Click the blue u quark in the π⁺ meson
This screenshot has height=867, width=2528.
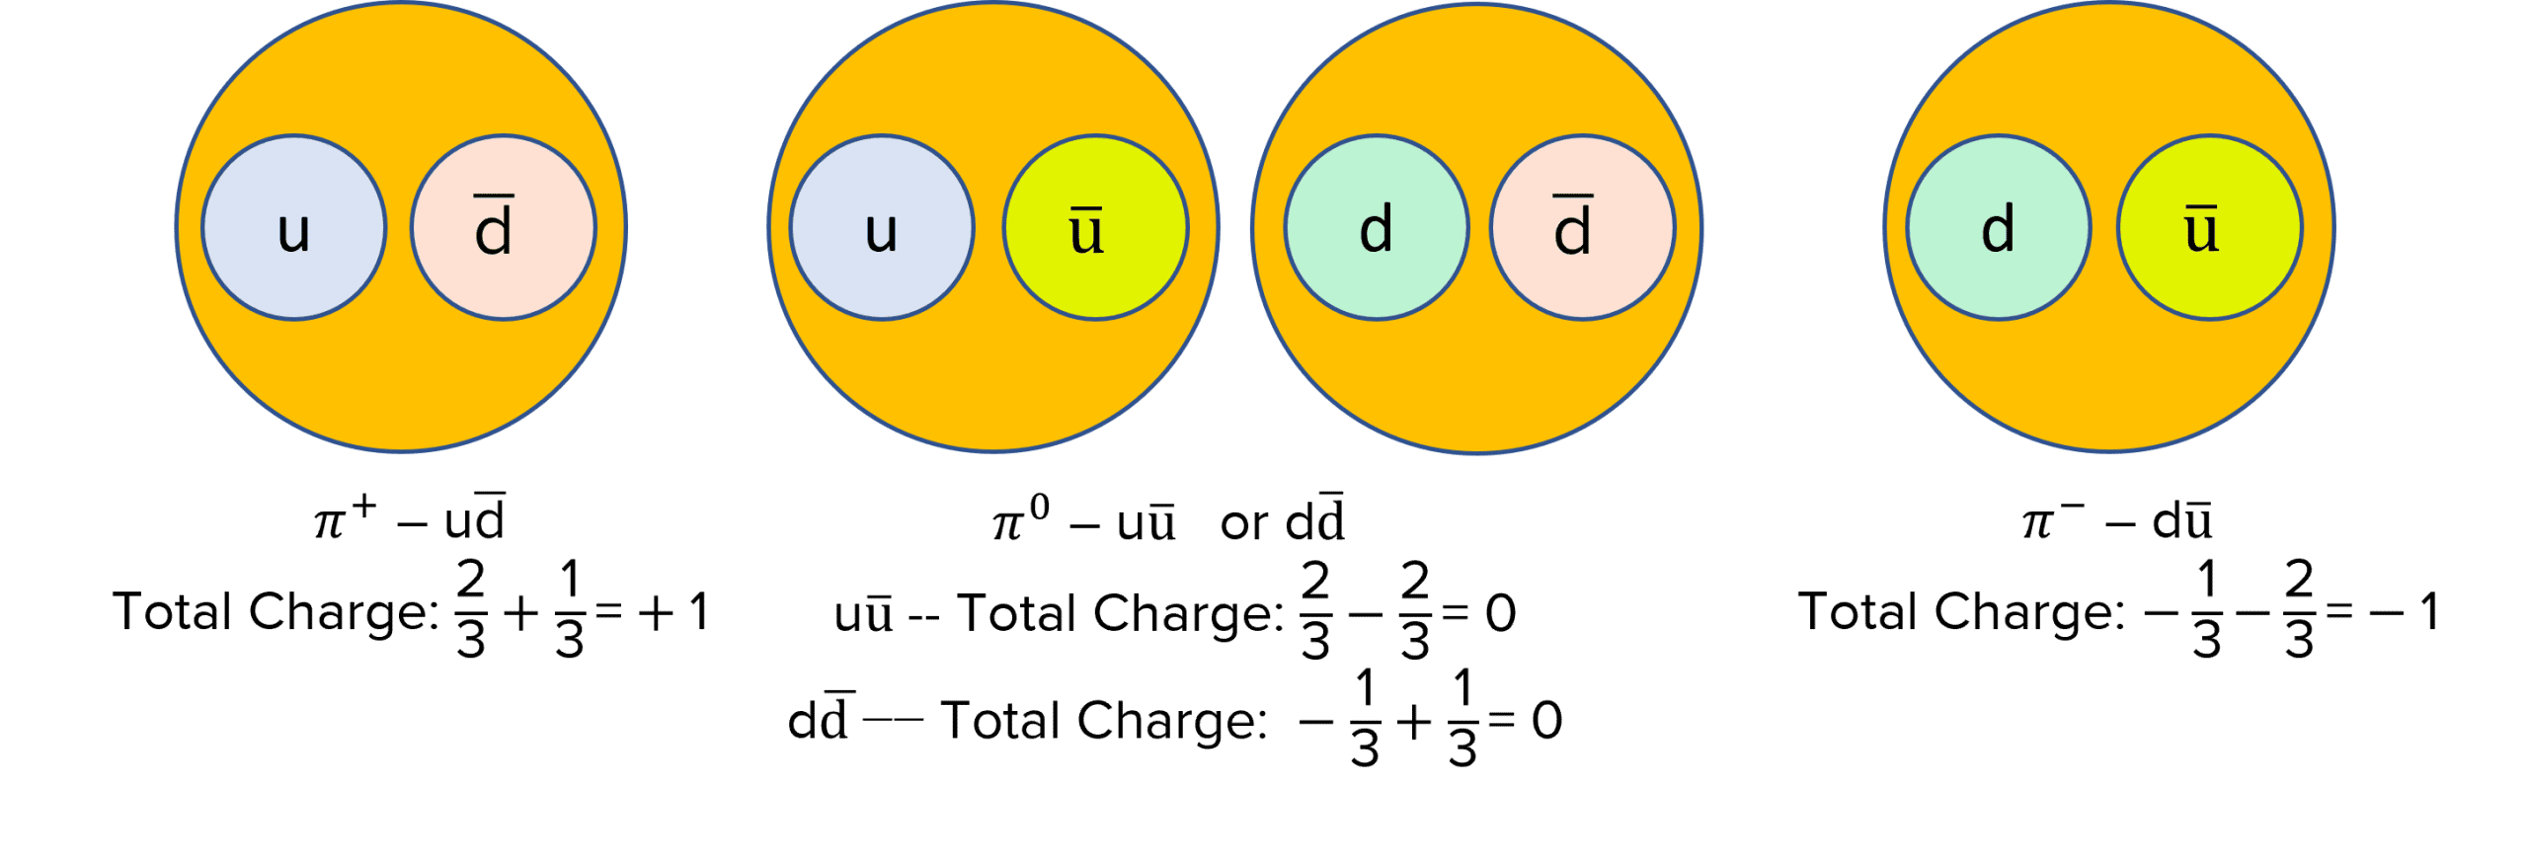294,227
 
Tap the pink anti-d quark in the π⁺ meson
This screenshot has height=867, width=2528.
503,227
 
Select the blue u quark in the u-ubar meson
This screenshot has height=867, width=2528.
881,227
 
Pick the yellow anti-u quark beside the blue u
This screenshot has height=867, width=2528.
1095,227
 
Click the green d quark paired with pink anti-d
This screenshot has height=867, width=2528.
1376,227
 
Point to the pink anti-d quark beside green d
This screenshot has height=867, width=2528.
1582,227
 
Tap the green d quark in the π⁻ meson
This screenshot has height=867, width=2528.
1998,227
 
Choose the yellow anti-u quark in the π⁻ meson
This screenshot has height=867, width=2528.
2209,227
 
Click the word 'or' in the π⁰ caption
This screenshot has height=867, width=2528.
1244,523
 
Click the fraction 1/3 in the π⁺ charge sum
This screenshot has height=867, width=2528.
570,610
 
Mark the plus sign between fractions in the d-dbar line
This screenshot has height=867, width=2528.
1414,722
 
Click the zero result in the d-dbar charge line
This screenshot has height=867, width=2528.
1546,721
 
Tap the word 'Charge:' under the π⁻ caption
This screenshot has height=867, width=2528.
2029,612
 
